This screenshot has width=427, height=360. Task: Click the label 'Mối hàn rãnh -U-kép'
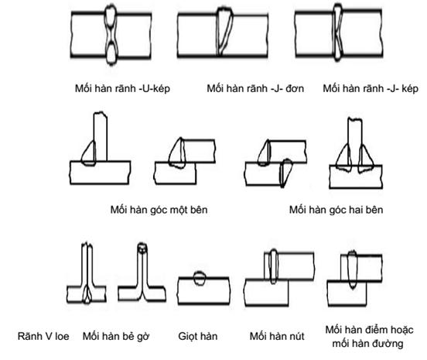pyautogui.click(x=122, y=88)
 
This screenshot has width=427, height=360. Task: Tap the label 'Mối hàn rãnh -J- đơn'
pyautogui.click(x=255, y=88)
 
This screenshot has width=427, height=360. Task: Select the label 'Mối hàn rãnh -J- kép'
pyautogui.click(x=371, y=88)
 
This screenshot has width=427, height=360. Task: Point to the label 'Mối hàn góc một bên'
pyautogui.click(x=159, y=210)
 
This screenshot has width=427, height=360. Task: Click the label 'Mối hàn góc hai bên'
pyautogui.click(x=336, y=210)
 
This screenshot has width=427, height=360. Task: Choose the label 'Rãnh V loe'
pyautogui.click(x=43, y=336)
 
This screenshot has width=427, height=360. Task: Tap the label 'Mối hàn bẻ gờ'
pyautogui.click(x=116, y=336)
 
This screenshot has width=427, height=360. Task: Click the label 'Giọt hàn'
pyautogui.click(x=198, y=336)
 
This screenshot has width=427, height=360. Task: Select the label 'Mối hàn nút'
pyautogui.click(x=277, y=336)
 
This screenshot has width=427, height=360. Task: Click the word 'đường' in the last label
pyautogui.click(x=388, y=344)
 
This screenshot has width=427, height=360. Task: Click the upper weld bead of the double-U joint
pyautogui.click(x=111, y=17)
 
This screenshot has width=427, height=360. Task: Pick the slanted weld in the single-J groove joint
pyautogui.click(x=224, y=33)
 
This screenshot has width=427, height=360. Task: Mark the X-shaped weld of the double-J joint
pyautogui.click(x=338, y=33)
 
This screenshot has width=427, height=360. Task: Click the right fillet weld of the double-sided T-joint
pyautogui.click(x=364, y=159)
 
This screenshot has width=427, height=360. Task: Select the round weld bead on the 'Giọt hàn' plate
pyautogui.click(x=200, y=278)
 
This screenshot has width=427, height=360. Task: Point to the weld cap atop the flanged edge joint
pyautogui.click(x=142, y=248)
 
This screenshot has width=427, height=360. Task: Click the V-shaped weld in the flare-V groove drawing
pyautogui.click(x=87, y=294)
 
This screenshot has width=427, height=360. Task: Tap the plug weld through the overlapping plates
pyautogui.click(x=274, y=266)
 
